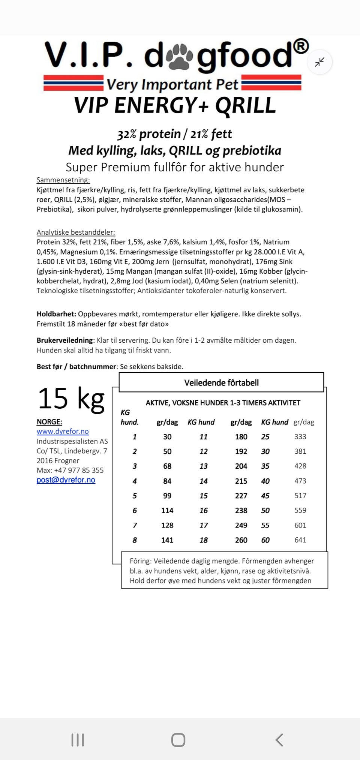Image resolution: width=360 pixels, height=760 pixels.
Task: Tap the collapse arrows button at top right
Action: click(319, 62)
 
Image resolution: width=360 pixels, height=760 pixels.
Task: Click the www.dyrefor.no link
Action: click(63, 431)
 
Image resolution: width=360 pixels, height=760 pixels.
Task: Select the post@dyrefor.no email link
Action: click(66, 480)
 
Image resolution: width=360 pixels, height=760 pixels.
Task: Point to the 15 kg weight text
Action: click(71, 398)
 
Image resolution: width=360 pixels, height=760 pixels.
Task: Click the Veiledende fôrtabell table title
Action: click(221, 382)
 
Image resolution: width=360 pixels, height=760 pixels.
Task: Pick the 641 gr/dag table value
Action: click(300, 540)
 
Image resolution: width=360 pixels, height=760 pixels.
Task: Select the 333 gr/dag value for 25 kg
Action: click(300, 436)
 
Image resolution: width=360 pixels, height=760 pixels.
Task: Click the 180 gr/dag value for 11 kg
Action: click(241, 436)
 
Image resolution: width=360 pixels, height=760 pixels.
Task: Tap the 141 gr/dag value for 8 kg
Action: click(167, 540)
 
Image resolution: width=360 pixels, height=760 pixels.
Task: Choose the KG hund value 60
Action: click(265, 540)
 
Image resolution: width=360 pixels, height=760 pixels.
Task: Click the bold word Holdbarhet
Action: click(56, 314)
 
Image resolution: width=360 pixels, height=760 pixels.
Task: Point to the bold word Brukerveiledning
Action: click(64, 340)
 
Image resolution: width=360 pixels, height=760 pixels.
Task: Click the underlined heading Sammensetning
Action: click(63, 180)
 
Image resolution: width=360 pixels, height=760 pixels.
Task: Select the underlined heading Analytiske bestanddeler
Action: click(76, 232)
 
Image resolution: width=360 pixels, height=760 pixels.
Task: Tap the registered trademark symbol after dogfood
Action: click(301, 46)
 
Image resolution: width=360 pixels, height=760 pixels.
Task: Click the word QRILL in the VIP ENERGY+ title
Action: click(245, 105)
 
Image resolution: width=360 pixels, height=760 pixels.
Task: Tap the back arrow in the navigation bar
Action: click(279, 740)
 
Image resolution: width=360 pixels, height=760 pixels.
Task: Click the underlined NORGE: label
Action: click(49, 421)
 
